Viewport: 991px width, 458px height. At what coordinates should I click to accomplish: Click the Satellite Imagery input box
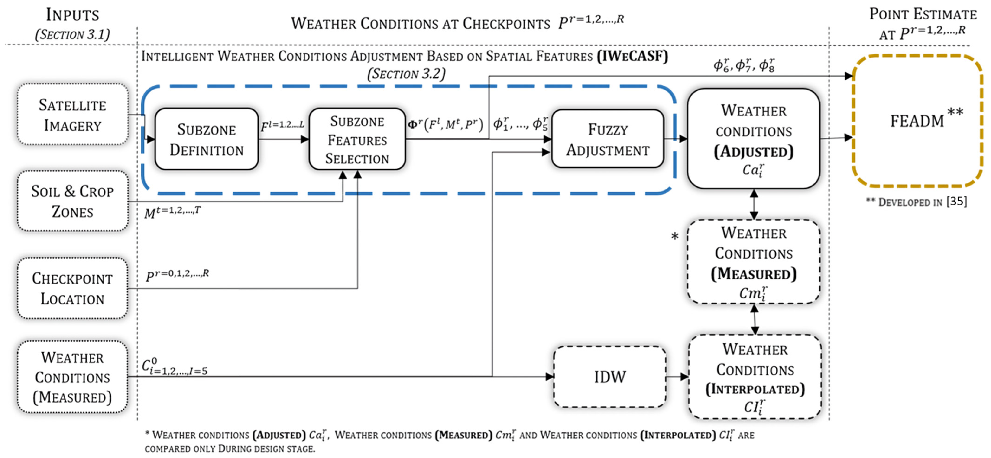tap(72, 115)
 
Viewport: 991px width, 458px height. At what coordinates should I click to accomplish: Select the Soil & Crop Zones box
tap(72, 201)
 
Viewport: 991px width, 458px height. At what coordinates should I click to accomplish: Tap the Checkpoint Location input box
tap(72, 288)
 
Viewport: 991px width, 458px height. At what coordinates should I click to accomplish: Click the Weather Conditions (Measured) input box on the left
tap(72, 377)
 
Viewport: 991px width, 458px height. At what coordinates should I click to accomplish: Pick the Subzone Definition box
tap(207, 139)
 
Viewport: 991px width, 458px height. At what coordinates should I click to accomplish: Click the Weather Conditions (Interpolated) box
tap(755, 377)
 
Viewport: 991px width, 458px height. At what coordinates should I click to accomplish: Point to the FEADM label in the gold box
tap(917, 121)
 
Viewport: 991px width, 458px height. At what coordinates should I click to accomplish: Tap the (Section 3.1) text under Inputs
tap(72, 35)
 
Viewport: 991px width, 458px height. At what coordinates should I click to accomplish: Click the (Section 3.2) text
tap(406, 74)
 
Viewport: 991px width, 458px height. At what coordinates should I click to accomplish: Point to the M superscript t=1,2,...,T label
tap(172, 212)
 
